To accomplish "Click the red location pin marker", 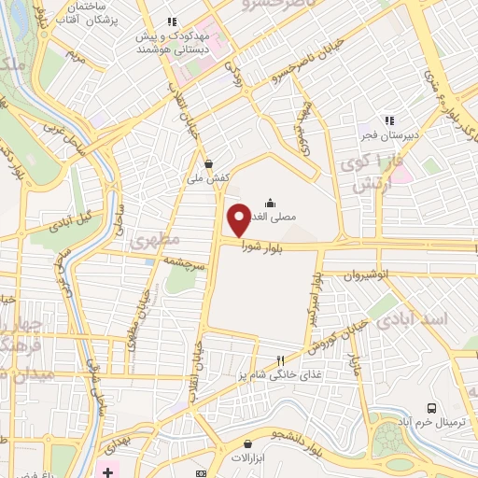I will tap(240, 220).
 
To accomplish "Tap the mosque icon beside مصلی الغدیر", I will tap(270, 202).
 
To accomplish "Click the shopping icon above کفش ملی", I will tap(207, 163).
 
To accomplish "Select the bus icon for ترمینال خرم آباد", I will tap(430, 408).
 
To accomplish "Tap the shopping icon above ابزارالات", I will tap(248, 443).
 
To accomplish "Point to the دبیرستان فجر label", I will tap(388, 135).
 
